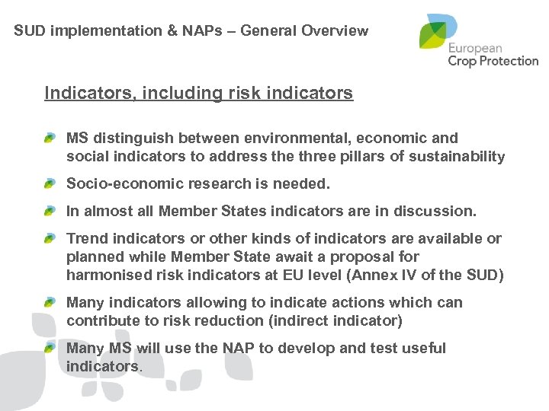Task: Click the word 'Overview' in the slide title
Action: click(335, 31)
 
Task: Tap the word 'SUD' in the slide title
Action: click(28, 31)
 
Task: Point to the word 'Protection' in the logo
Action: click(509, 60)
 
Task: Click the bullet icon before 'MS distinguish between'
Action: click(50, 139)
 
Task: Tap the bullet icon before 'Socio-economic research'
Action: click(50, 184)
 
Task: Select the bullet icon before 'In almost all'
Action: click(50, 212)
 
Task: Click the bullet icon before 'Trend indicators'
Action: click(50, 239)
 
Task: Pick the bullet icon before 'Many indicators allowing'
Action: click(50, 303)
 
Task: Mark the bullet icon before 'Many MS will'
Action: click(50, 349)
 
